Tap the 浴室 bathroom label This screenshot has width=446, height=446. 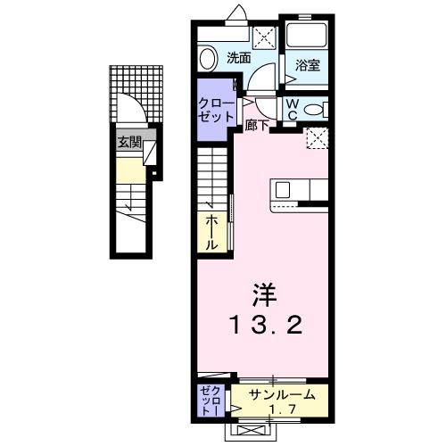point(305,63)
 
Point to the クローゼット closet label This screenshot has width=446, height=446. point(216,109)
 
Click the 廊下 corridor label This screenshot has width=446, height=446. point(257,125)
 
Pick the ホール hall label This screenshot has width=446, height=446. point(212,232)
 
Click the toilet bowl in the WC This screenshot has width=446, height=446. point(312,109)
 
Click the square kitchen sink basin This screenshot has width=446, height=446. point(283,188)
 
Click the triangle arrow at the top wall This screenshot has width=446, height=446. point(239,12)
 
